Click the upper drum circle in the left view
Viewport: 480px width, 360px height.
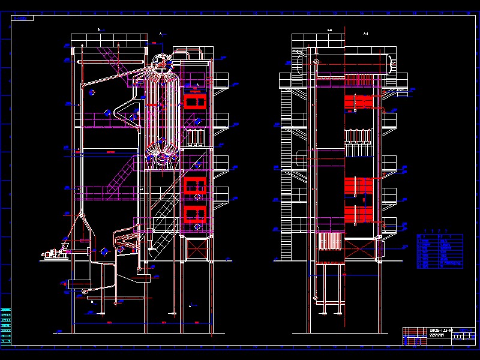[160, 61]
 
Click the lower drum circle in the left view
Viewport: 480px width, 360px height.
[162, 158]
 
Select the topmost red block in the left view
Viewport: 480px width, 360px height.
[194, 100]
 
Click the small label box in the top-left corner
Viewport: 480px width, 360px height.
[24, 19]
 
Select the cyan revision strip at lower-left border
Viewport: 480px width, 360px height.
[6, 325]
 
